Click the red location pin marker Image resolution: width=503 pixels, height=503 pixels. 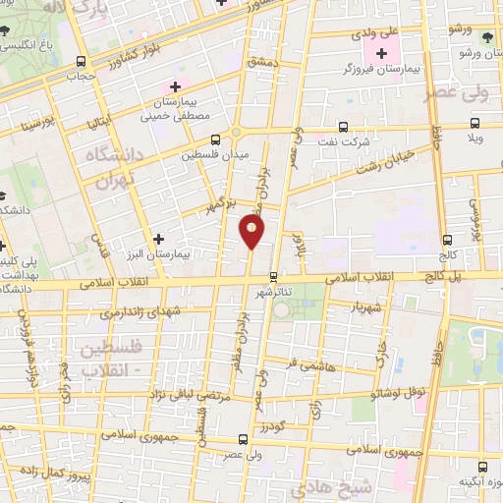[251, 231]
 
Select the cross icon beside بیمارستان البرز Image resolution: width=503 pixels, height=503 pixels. [159, 238]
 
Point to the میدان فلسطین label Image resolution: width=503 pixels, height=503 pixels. [216, 154]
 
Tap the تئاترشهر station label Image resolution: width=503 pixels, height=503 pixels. [274, 293]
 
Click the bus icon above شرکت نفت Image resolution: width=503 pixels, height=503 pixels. [342, 127]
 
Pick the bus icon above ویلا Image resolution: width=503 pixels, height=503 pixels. [475, 123]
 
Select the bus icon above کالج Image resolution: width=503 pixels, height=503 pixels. [448, 239]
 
